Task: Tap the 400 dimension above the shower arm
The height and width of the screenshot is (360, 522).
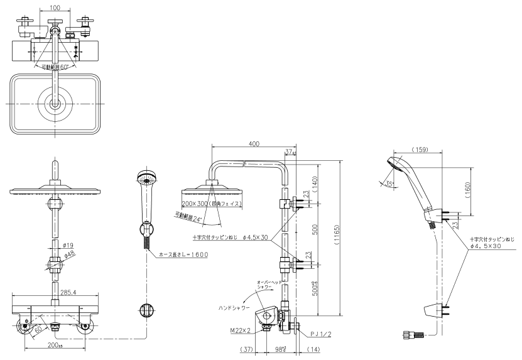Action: (254, 145)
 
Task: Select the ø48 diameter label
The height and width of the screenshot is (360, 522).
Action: (68, 254)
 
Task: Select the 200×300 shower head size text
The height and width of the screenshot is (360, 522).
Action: (211, 205)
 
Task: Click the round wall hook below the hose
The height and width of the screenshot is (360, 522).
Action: (146, 310)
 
